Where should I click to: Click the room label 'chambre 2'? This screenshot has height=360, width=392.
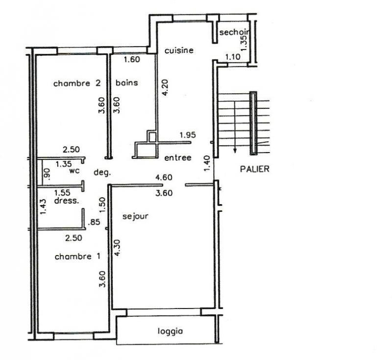coord(77,83)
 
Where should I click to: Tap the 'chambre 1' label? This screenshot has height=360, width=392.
coord(77,257)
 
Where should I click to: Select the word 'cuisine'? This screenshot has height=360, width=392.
coord(179,51)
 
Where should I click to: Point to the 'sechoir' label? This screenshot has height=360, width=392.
coord(234,32)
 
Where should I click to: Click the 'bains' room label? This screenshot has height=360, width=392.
coord(126,82)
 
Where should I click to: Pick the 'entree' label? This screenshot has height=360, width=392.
coord(178,157)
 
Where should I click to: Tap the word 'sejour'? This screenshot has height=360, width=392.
coord(135,216)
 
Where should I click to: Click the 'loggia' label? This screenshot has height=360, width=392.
coord(170,332)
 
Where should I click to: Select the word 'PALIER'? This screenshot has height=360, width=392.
coord(254,169)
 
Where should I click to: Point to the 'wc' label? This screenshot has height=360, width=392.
coord(74,171)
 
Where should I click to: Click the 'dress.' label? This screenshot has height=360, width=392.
coord(67,201)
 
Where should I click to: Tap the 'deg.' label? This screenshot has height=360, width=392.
coord(102,172)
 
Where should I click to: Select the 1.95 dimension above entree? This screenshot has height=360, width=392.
coord(188,135)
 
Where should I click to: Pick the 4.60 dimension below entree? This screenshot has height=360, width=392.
coord(164,178)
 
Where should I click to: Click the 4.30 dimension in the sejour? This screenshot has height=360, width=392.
coord(117,248)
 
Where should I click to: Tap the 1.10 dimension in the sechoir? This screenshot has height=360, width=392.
coord(233,57)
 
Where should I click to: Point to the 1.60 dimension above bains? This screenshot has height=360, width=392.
coord(132,59)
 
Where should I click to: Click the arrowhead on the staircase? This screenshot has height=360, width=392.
coord(235,151)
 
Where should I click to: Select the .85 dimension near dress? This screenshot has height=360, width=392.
coord(94,222)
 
